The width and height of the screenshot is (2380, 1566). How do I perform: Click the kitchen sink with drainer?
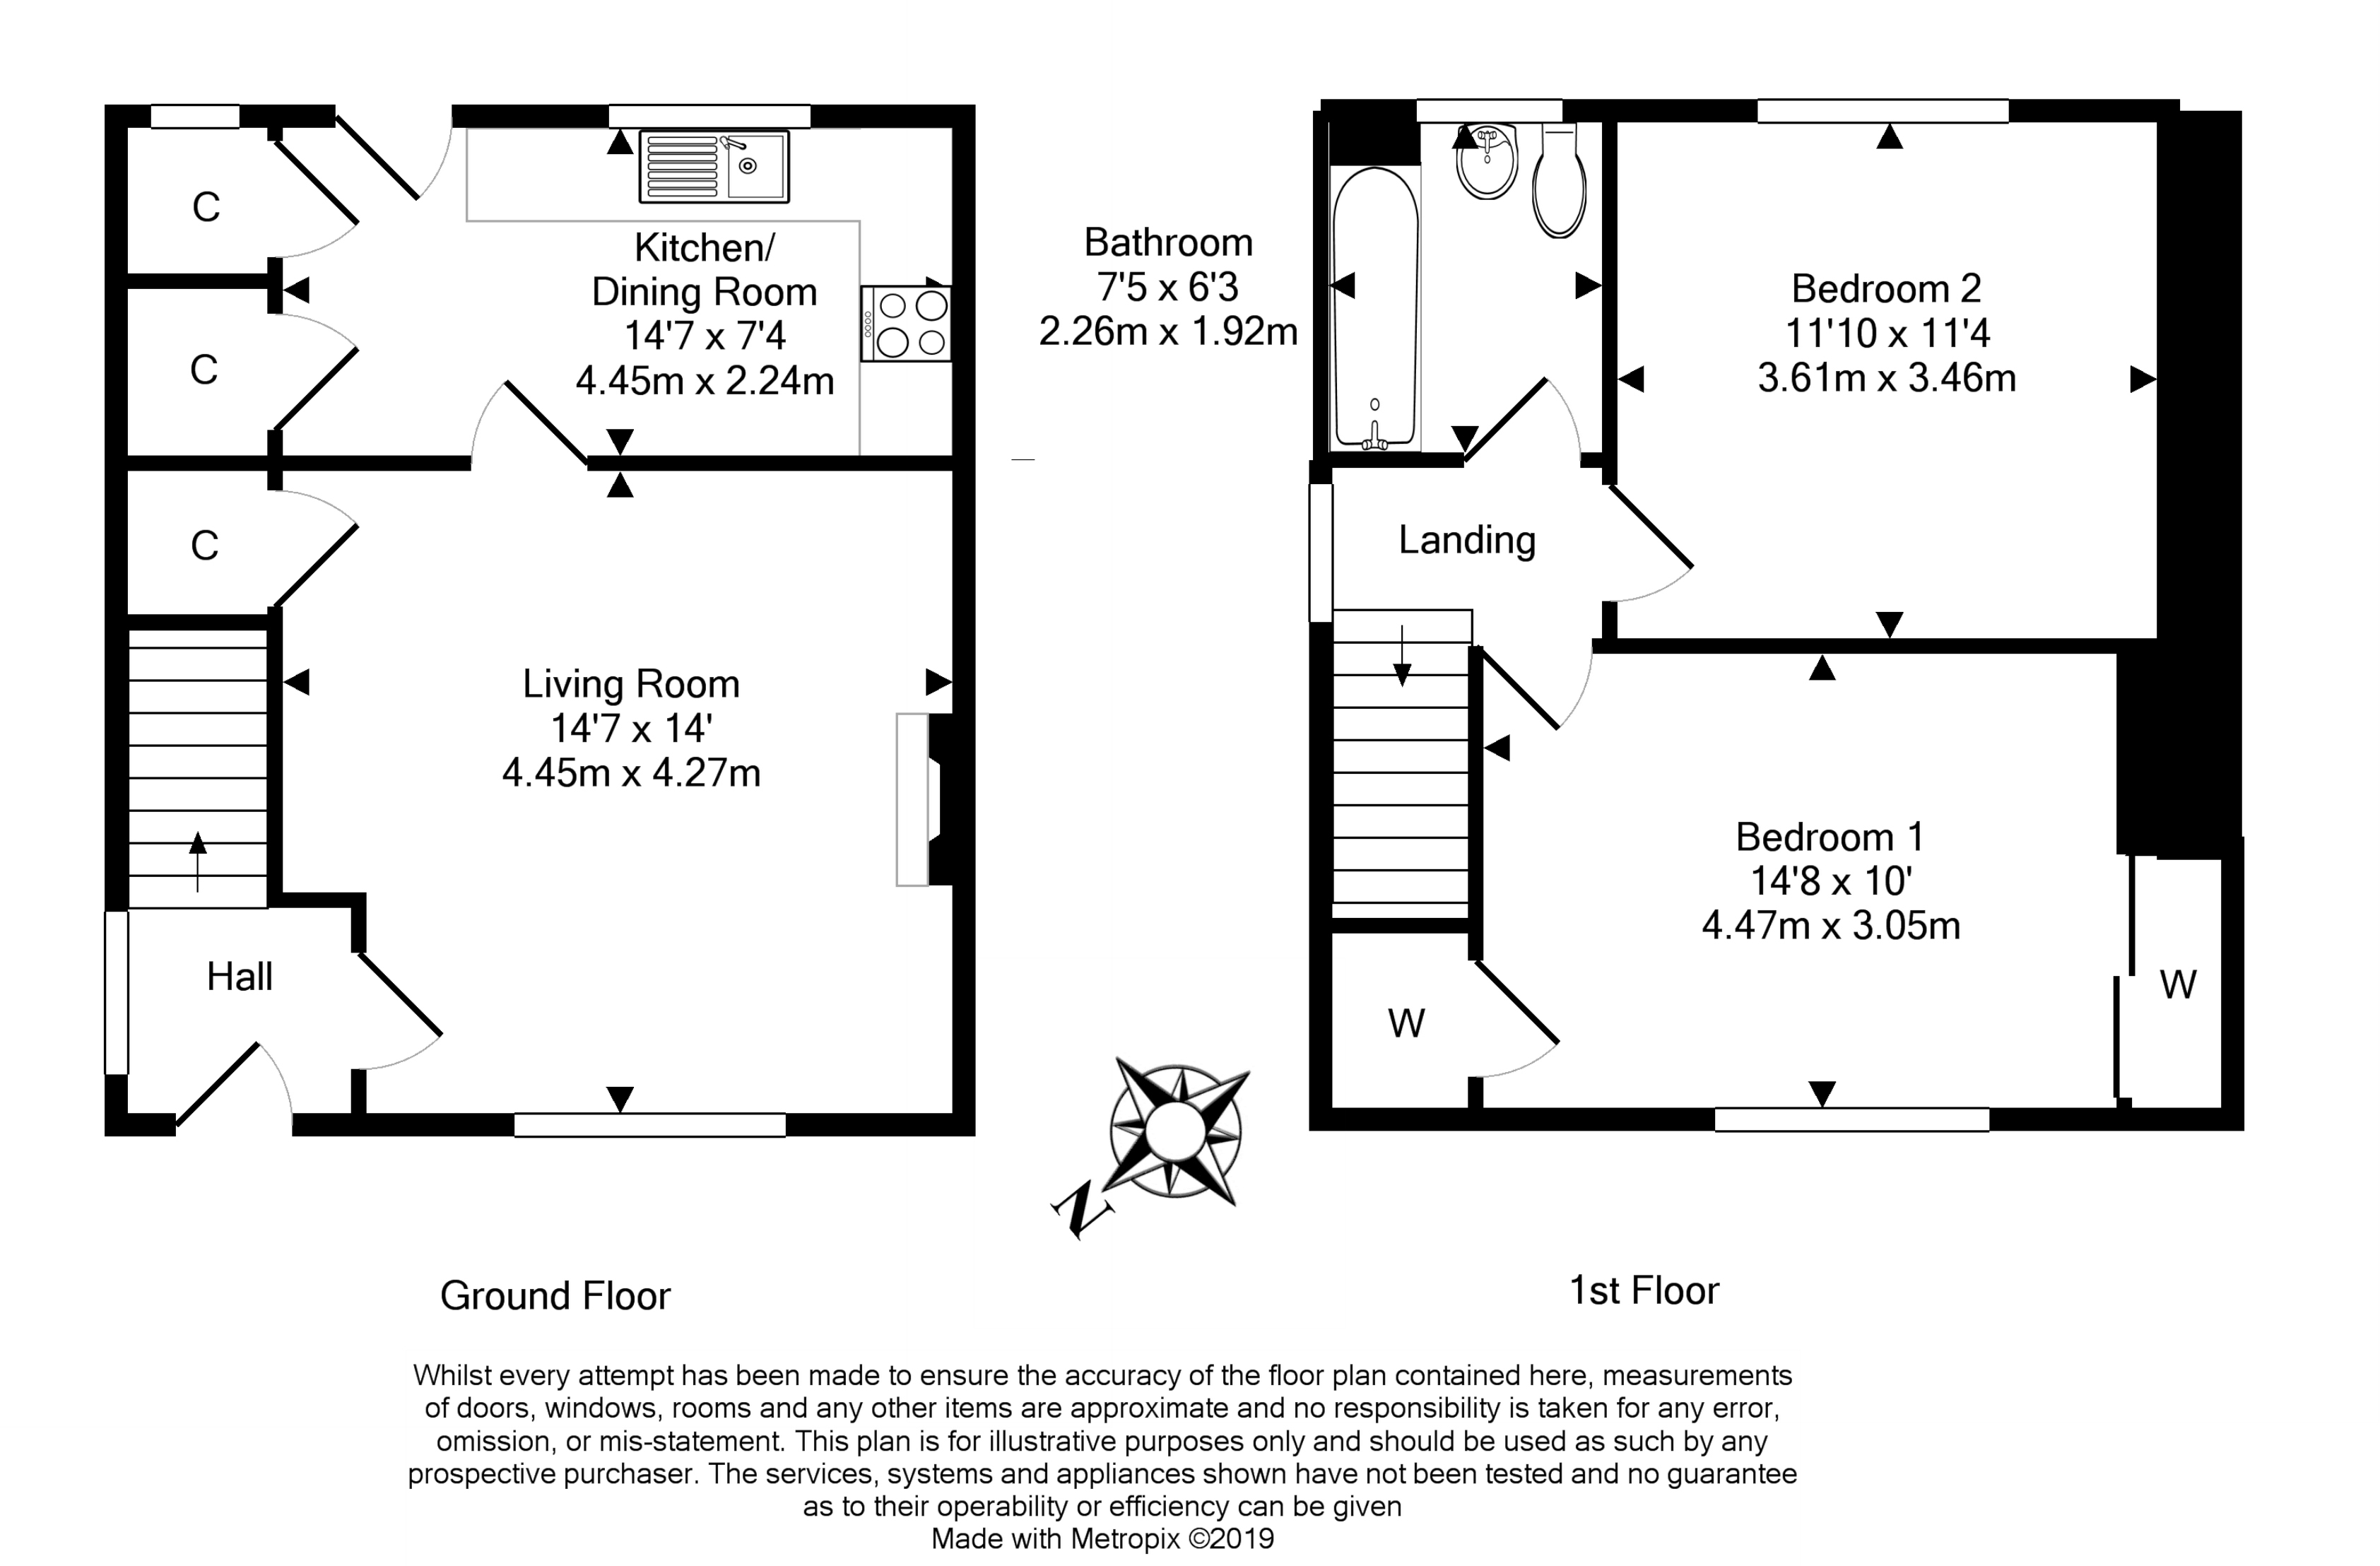click(714, 166)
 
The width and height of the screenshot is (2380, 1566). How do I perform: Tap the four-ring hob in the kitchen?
click(906, 324)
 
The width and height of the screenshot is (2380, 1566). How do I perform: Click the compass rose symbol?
click(1177, 1129)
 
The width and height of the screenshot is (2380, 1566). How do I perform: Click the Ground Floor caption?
click(555, 1296)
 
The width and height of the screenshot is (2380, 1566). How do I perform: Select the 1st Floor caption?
click(1643, 1291)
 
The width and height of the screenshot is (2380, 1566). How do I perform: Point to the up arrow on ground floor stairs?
click(197, 861)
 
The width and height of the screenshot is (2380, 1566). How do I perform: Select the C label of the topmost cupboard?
click(206, 207)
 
